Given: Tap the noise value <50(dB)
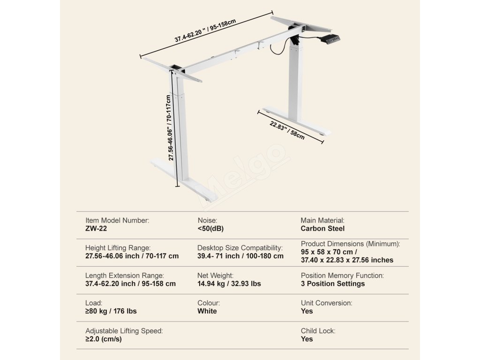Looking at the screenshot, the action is pos(211,229).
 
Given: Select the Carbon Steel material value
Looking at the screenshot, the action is pos(322,229).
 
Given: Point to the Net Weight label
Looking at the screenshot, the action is pos(215,276).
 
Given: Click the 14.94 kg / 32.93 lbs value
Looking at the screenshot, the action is pos(229,284).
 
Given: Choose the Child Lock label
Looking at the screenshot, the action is pos(318,331).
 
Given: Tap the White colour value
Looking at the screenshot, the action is pos(207,311).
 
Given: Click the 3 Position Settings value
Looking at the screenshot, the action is pos(332,284).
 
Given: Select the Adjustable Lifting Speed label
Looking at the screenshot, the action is pos(124,331).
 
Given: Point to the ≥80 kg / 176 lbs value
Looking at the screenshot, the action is pos(111,311).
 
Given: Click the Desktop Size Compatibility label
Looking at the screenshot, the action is pos(240,247).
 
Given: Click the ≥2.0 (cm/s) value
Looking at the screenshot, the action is pos(104,339).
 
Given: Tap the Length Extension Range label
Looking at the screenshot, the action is pos(125,276).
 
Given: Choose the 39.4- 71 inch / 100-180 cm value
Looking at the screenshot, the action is pos(240,256).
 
